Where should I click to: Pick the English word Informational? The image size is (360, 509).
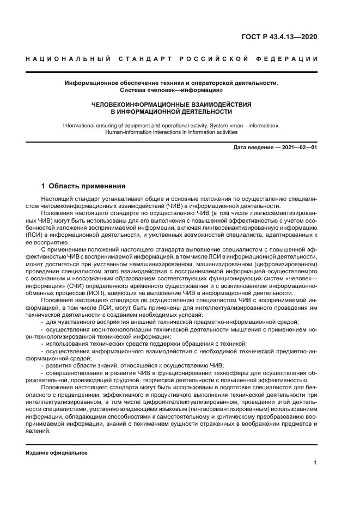(81, 125)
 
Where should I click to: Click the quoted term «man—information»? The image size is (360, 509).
(253, 125)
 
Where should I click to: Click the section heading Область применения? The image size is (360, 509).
(88, 186)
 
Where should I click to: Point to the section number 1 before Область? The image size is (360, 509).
(44, 186)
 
